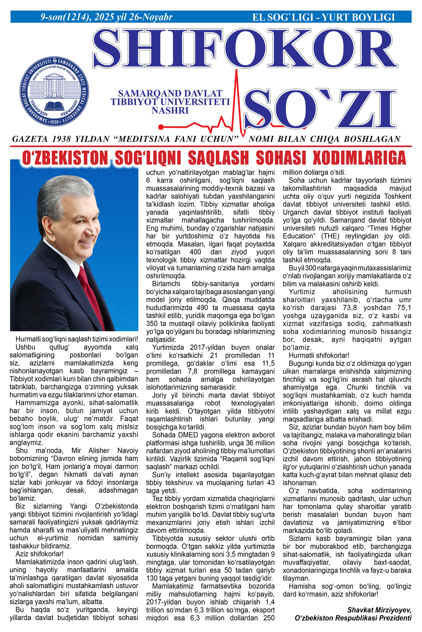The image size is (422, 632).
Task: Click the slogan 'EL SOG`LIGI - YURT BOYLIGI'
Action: coord(324,17)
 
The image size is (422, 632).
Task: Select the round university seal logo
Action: coord(54,91)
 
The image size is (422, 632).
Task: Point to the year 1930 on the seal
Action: coord(54,122)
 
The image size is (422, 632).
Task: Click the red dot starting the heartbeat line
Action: coord(161,127)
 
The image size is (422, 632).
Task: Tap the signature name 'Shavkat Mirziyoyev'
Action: coord(379,610)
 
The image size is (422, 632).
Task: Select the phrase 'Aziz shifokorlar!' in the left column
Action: coord(39,554)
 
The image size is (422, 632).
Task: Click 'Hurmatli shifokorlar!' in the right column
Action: coord(319,355)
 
